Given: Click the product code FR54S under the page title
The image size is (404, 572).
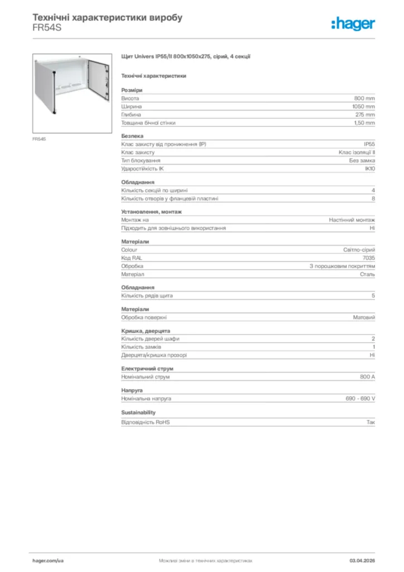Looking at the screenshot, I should tap(46, 27).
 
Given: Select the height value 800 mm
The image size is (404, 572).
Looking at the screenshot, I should tap(364, 98).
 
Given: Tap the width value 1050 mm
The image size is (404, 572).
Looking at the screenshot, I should tap(363, 106).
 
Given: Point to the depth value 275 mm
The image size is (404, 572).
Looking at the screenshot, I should tap(365, 115).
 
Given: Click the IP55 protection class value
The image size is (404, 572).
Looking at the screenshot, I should tap(369, 144).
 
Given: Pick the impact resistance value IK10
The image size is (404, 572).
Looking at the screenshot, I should tap(370, 169).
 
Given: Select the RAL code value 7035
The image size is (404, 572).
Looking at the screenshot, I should tap(369, 258).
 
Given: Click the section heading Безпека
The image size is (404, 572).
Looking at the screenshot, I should tap(132, 136).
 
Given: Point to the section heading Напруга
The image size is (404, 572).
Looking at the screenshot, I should tap(132, 390).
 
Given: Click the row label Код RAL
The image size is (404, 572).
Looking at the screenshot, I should tap(132, 258).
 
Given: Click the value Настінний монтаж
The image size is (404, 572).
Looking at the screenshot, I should tap(352, 220).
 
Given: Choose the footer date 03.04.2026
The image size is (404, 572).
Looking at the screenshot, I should tap(362, 560).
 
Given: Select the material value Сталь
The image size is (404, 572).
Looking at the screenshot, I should tap(367, 275).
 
